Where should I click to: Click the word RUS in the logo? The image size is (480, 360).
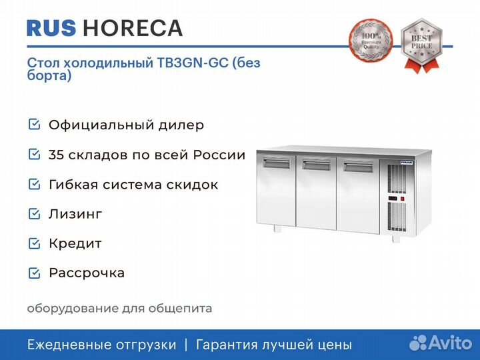click(x=51, y=28)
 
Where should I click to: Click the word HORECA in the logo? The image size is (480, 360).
click(x=132, y=28)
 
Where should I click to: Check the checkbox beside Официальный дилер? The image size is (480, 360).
click(x=34, y=125)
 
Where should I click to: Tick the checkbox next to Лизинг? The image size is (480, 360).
click(x=34, y=214)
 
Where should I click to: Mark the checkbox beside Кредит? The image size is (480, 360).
click(x=34, y=243)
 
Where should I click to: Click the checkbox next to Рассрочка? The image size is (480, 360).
click(x=34, y=273)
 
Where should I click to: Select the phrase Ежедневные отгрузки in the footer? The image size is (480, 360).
click(x=101, y=345)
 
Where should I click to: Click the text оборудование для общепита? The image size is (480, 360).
click(x=119, y=308)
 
